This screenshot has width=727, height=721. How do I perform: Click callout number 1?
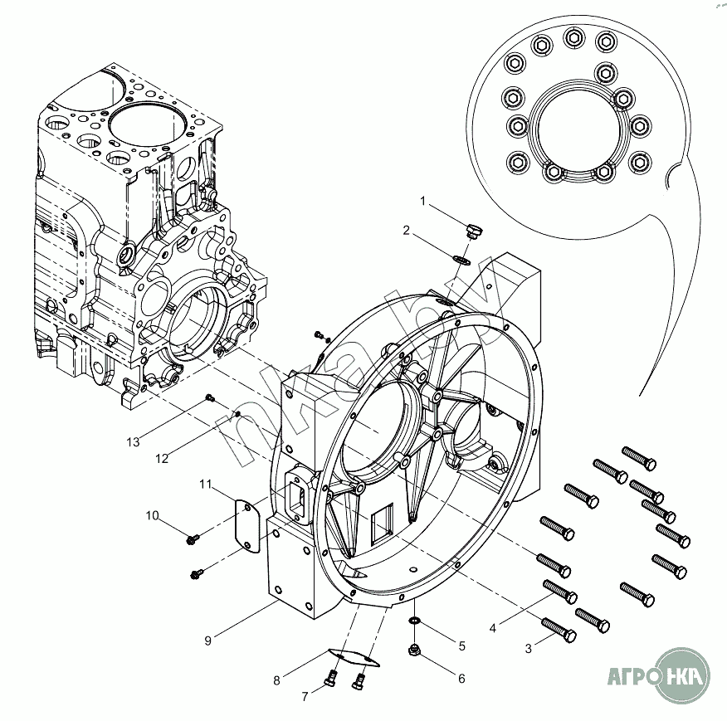pos(422,202)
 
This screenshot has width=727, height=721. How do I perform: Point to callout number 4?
pos(493,628)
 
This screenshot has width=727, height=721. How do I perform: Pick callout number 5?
pos(461,645)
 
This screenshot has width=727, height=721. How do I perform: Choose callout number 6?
pos(461,678)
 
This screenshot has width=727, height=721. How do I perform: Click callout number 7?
pos(305,696)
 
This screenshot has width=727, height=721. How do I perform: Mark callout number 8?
pos(277,681)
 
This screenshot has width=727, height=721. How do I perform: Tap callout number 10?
pos(152,515)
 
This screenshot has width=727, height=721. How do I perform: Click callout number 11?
pos(206,483)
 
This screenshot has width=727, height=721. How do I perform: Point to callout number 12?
pos(161,457)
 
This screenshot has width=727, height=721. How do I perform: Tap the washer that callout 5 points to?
pos(412,621)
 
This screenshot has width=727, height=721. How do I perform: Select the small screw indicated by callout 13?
pos(211,399)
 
